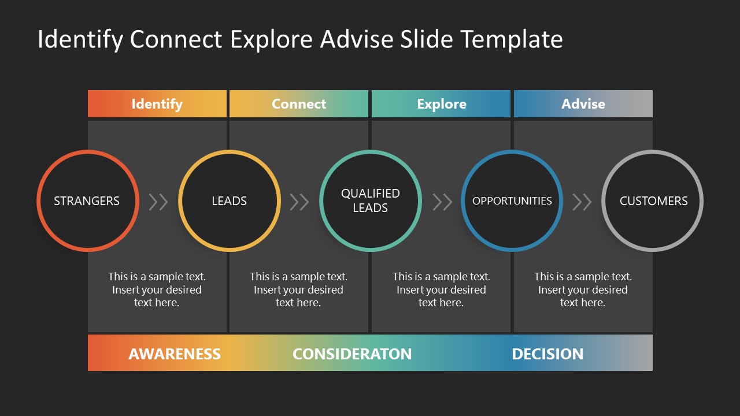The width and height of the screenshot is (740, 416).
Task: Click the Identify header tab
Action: pyautogui.click(x=157, y=104)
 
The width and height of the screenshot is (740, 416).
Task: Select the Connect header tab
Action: pyautogui.click(x=298, y=104)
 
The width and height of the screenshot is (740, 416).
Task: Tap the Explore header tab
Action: pyautogui.click(x=441, y=104)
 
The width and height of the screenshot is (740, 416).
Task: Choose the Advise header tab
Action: pyautogui.click(x=583, y=104)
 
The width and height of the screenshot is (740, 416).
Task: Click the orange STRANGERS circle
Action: pyautogui.click(x=87, y=201)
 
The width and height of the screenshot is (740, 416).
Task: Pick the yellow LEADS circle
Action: pyautogui.click(x=229, y=201)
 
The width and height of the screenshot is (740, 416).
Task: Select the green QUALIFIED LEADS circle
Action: pyautogui.click(x=370, y=201)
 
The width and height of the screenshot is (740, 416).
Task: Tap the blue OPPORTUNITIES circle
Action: pyautogui.click(x=512, y=201)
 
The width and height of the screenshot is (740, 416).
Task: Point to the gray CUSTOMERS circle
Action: pyautogui.click(x=653, y=201)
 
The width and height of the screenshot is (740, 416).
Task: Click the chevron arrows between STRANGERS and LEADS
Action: pyautogui.click(x=158, y=202)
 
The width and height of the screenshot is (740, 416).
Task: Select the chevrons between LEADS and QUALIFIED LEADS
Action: pyautogui.click(x=299, y=202)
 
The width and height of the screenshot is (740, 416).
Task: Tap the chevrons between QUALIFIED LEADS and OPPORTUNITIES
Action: pyautogui.click(x=442, y=202)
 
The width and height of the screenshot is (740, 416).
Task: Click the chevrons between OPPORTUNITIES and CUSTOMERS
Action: pyautogui.click(x=582, y=202)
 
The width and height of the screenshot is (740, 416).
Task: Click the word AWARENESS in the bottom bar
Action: pyautogui.click(x=175, y=354)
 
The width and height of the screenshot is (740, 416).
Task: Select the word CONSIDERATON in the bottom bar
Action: pyautogui.click(x=352, y=354)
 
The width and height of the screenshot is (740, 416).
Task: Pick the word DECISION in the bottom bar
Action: pyautogui.click(x=547, y=354)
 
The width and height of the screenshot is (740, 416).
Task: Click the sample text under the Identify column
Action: pyautogui.click(x=157, y=289)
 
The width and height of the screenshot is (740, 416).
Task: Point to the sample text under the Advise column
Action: pyautogui.click(x=583, y=289)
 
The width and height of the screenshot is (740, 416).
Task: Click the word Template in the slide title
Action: pyautogui.click(x=512, y=39)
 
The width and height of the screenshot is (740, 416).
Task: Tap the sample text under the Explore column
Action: pyautogui.click(x=441, y=289)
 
